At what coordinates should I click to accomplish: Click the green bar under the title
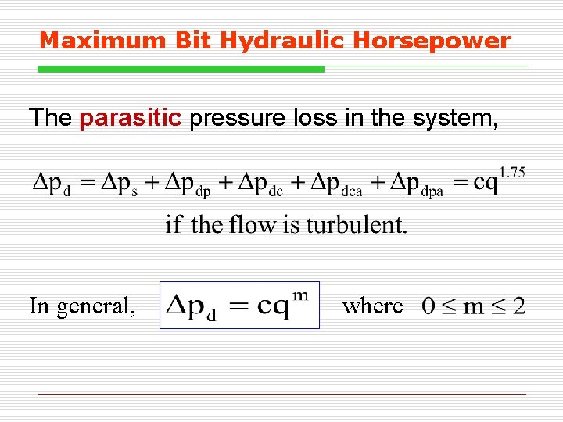[x=181, y=70]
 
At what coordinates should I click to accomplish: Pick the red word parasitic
[x=131, y=118]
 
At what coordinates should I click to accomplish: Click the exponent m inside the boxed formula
[x=299, y=295]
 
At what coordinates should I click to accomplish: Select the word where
[x=373, y=306]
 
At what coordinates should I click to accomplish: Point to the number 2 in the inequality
[x=518, y=306]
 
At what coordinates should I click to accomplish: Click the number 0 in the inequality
[x=429, y=306]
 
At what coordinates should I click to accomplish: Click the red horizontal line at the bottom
[x=281, y=395]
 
